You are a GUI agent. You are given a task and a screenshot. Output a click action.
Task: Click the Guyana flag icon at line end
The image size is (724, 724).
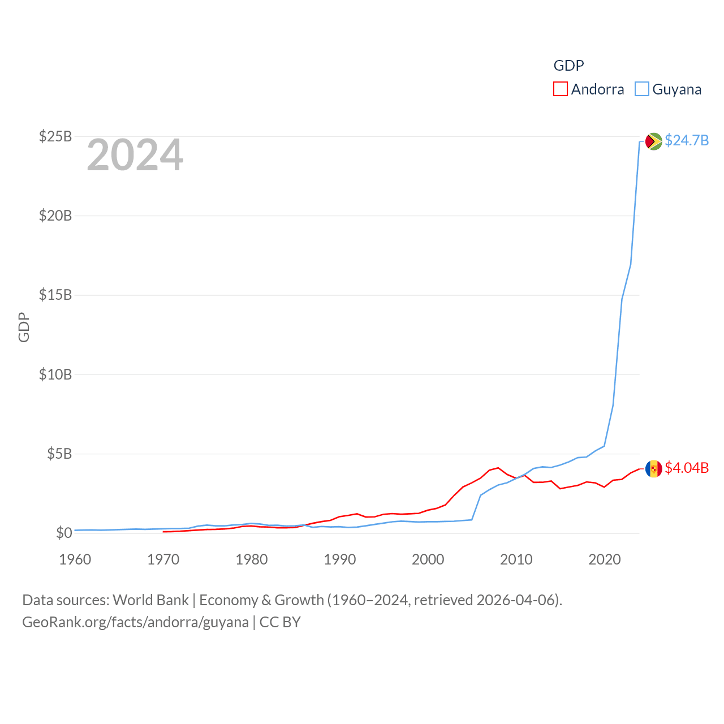(653, 141)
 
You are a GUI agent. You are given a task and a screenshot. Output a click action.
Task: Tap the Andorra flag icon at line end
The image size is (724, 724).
(653, 468)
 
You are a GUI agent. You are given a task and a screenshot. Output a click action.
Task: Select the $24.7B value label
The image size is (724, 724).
(687, 140)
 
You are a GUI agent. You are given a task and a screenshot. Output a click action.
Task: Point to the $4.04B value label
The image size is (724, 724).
(687, 468)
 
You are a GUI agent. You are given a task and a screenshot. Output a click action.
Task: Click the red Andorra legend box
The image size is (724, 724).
(560, 89)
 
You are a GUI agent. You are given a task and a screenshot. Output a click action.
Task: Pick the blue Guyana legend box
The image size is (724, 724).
(641, 89)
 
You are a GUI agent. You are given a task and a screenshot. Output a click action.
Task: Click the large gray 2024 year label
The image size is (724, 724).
(135, 155)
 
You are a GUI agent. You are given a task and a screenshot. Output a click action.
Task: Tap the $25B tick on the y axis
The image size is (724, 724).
(55, 136)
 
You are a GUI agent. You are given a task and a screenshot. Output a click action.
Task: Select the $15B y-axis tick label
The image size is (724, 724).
(55, 295)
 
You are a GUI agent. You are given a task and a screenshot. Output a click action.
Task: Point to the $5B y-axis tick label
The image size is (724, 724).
(59, 454)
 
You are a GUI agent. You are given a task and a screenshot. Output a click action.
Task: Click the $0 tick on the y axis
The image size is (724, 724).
(64, 533)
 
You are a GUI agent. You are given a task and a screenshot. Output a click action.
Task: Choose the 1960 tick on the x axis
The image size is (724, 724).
(75, 559)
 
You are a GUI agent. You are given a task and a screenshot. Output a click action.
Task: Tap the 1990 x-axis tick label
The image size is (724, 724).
(340, 559)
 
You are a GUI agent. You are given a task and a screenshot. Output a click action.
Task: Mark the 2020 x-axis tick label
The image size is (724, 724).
(605, 559)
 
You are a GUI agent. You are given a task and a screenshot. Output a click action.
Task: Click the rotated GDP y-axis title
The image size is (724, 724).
(24, 327)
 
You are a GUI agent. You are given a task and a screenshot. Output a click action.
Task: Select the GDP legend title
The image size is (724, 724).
(568, 66)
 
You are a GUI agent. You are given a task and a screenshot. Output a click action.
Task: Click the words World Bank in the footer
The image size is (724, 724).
(150, 600)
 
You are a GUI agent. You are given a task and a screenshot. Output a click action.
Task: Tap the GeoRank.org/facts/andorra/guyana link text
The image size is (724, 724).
(135, 622)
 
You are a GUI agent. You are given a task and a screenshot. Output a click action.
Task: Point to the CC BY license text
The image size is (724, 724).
(280, 622)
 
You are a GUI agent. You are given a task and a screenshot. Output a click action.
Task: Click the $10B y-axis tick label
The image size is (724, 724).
(55, 374)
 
